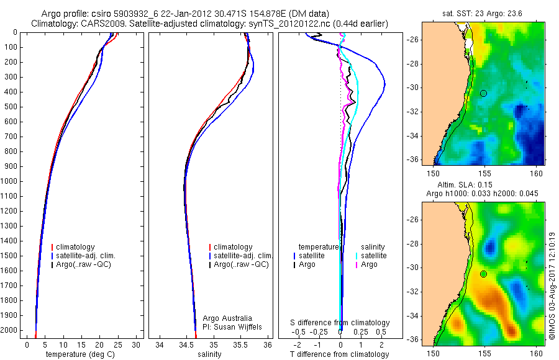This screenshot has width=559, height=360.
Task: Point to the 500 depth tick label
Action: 11,107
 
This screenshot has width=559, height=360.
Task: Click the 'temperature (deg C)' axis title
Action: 80,354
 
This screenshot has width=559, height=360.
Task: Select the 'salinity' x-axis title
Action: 212,354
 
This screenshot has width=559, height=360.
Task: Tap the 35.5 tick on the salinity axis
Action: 241,344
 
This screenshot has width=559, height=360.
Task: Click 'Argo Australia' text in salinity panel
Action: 227,318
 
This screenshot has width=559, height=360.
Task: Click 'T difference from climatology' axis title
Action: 340,354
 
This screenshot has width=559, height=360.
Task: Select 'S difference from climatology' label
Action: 340,323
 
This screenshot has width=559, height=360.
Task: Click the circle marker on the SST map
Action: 483,93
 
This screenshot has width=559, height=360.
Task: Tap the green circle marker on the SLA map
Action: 483,274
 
